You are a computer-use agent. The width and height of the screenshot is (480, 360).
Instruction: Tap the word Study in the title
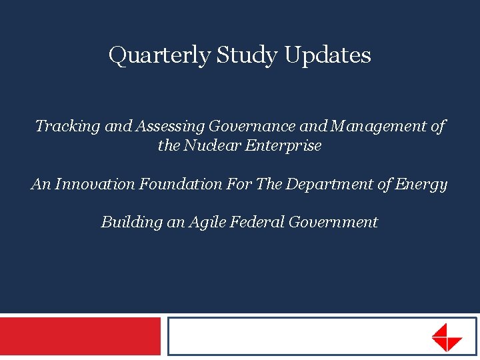pos(247,55)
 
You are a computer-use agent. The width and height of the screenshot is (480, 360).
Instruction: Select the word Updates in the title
pos(327,55)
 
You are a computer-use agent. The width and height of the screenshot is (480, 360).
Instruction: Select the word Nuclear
pos(206,145)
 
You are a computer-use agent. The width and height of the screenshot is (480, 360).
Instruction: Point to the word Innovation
pos(95,184)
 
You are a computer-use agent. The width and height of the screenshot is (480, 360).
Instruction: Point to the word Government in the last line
pos(333,222)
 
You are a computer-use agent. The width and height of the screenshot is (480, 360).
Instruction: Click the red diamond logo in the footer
pos(446,337)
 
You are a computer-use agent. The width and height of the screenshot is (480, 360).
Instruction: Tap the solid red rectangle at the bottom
pos(80,337)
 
